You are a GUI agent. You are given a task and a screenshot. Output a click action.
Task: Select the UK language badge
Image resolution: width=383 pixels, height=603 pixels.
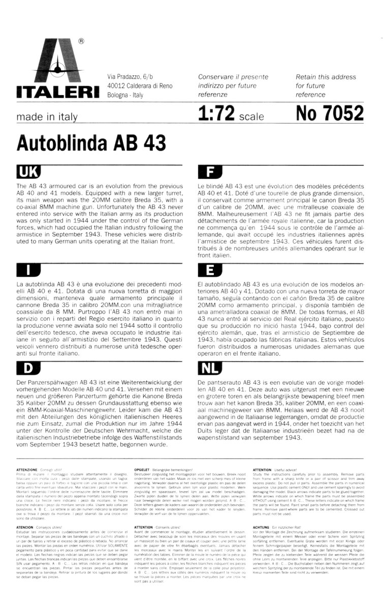pyautogui.click(x=29, y=171)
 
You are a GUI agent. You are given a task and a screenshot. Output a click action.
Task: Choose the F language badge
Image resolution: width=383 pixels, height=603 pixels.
pyautogui.click(x=211, y=171)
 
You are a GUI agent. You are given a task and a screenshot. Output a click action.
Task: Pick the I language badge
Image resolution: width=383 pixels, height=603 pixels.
pyautogui.click(x=29, y=270)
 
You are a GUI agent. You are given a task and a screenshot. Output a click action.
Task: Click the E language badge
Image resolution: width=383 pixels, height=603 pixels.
pyautogui.click(x=211, y=270)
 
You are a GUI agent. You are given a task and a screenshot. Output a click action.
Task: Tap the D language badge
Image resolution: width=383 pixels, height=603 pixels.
pyautogui.click(x=29, y=368)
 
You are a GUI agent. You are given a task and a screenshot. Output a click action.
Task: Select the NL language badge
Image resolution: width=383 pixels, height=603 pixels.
pyautogui.click(x=211, y=368)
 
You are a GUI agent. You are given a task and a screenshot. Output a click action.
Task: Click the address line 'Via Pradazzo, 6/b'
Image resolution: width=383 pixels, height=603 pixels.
pyautogui.click(x=133, y=76)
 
